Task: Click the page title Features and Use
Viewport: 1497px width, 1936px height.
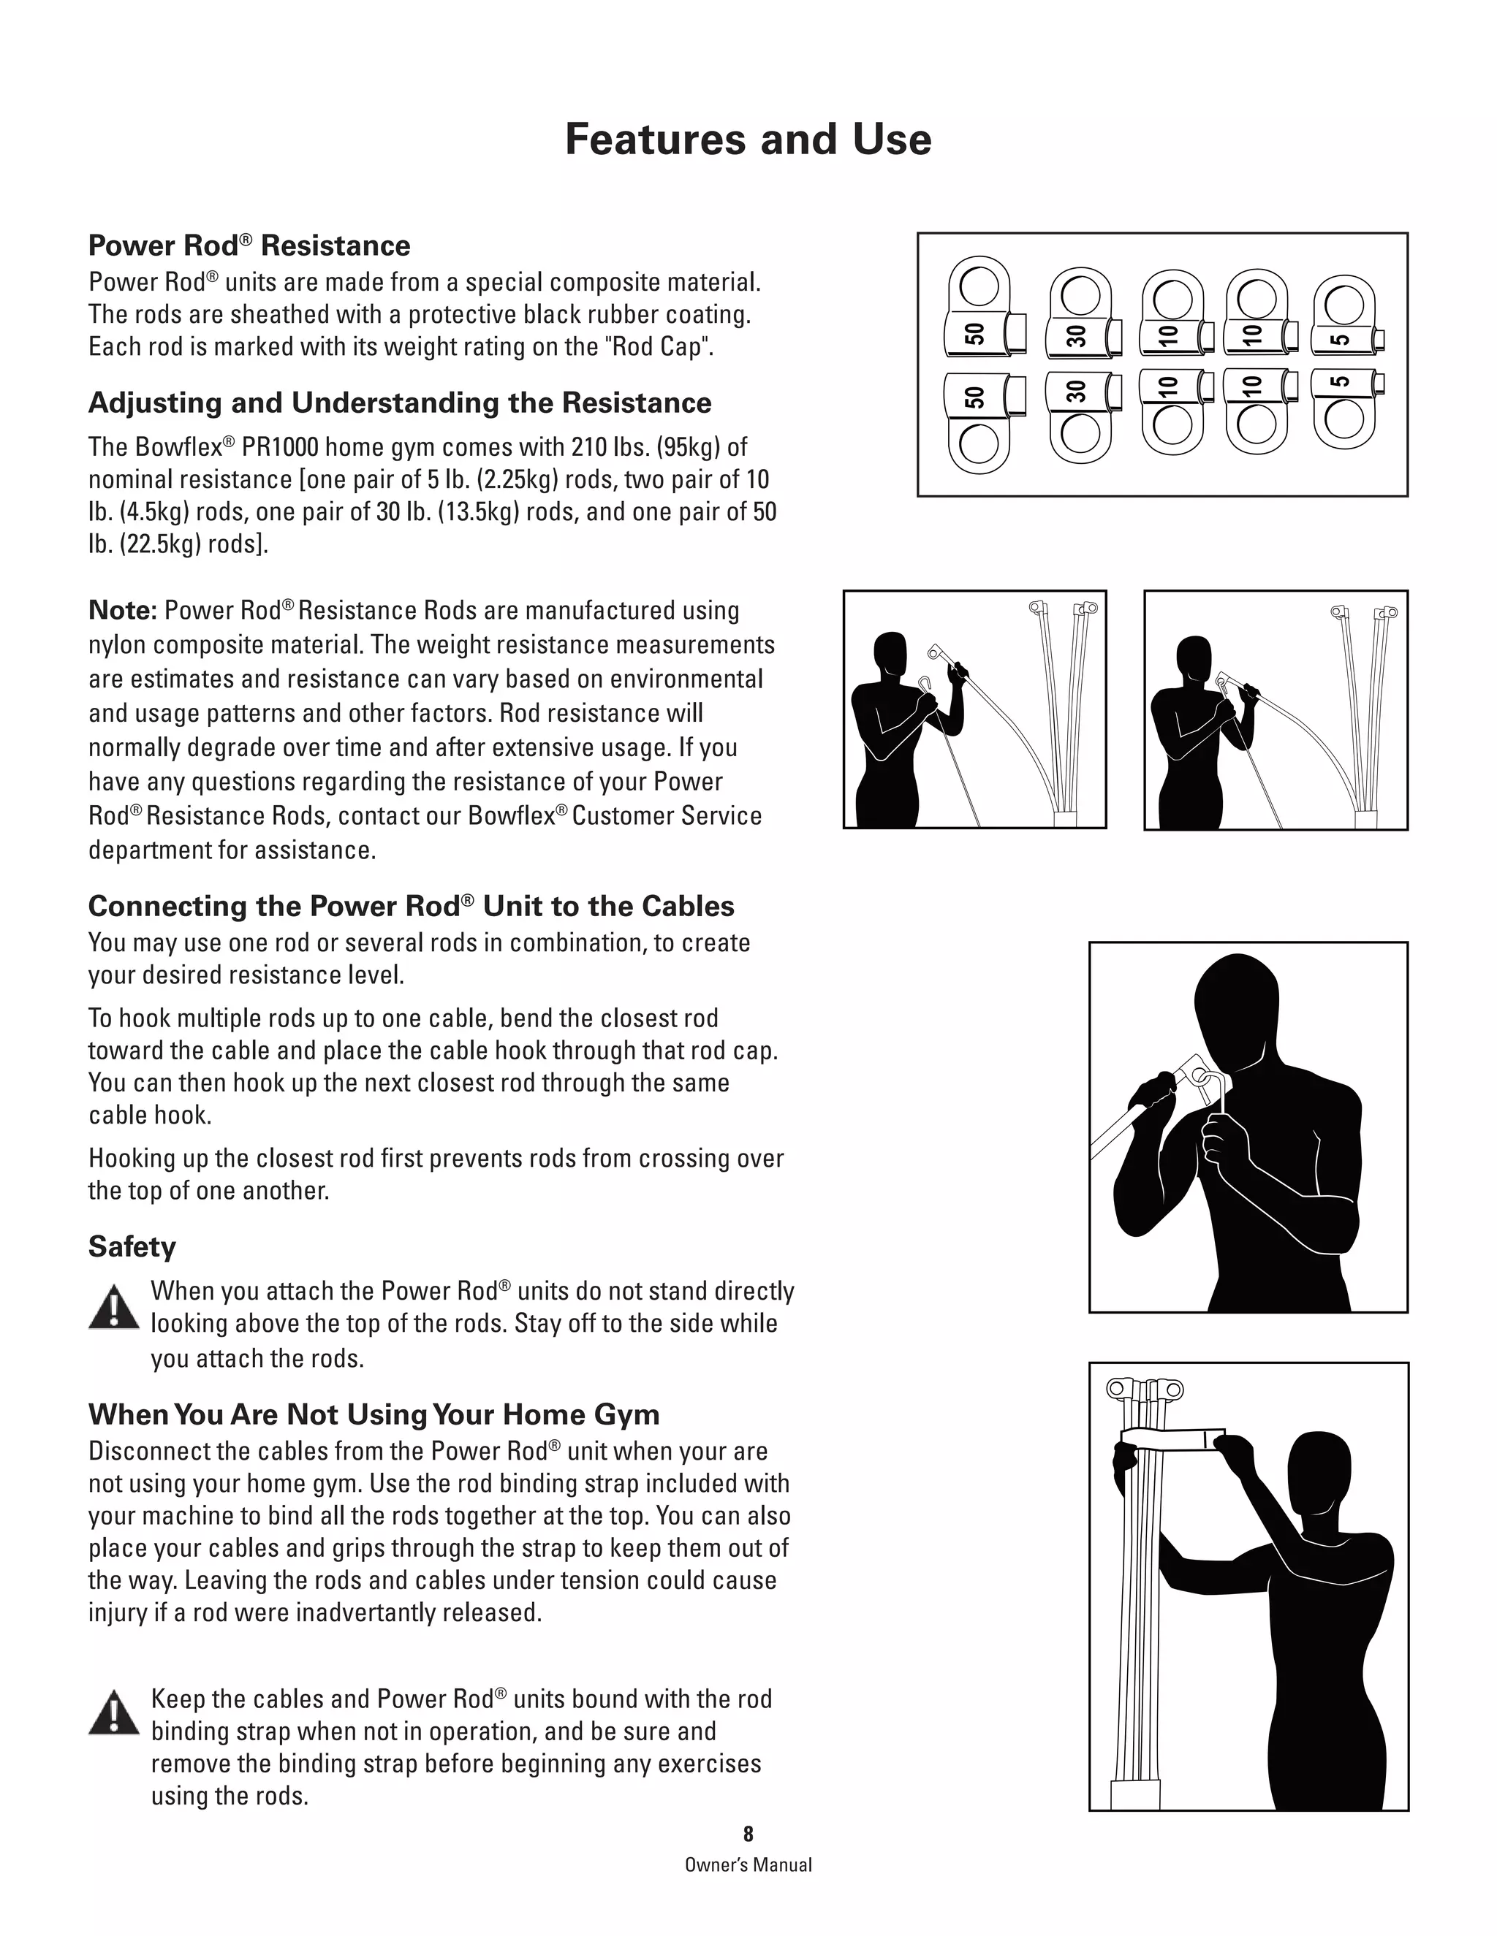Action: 748,140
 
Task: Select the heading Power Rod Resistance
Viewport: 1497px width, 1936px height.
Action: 249,245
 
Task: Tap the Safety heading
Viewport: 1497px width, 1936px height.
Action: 132,1246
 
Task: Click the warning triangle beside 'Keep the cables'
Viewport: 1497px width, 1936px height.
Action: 113,1713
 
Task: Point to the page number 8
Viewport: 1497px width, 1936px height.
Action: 748,1833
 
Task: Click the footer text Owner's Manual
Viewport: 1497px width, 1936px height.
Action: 748,1864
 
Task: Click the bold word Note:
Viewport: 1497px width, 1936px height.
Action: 122,611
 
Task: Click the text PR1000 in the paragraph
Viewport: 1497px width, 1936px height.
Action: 280,448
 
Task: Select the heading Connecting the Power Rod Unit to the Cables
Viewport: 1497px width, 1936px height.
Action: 411,906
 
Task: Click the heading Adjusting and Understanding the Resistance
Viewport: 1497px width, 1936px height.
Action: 399,403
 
